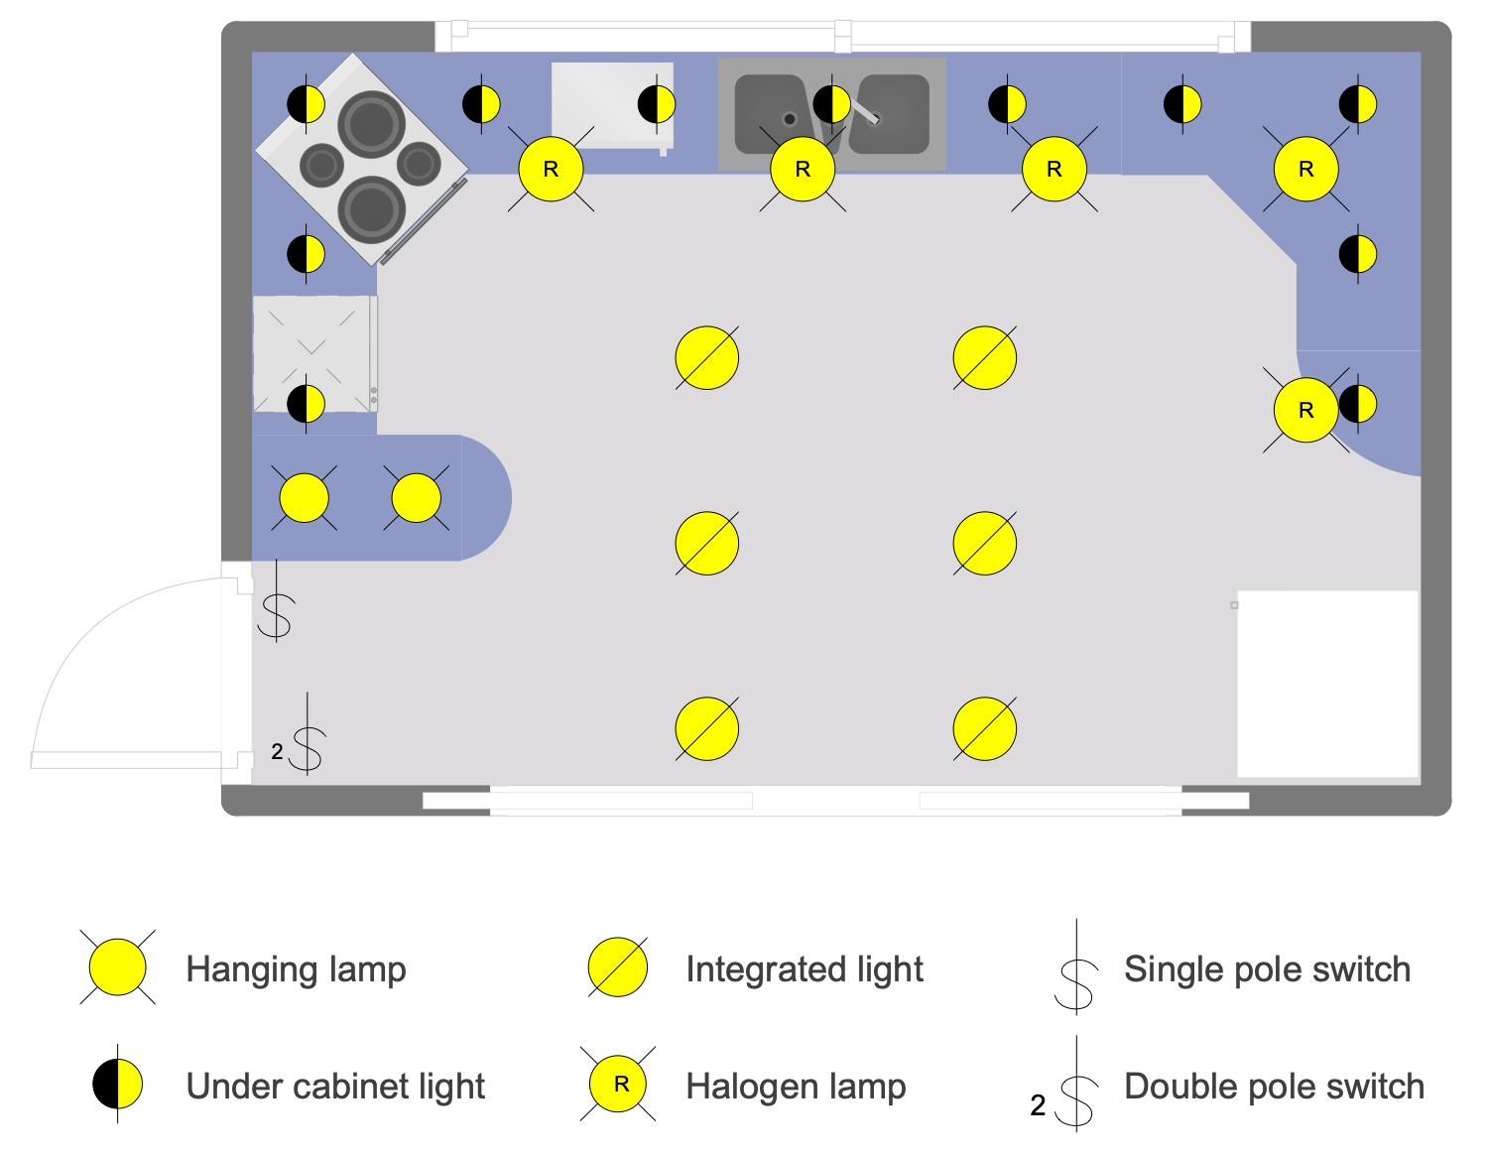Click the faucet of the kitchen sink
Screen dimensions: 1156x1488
point(867,113)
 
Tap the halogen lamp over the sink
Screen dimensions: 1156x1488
point(803,170)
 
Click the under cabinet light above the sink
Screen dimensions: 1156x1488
point(831,103)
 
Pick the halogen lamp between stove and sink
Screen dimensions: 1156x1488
point(551,170)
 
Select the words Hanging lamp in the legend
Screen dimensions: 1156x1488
point(296,969)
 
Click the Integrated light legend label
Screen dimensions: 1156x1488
point(804,969)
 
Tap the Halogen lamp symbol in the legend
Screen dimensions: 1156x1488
point(618,1085)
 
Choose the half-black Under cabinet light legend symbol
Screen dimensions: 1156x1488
point(118,1085)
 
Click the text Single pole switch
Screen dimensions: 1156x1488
point(1267,969)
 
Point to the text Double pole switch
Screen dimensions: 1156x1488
point(1274,1087)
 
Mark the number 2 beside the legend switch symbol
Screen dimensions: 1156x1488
point(1038,1105)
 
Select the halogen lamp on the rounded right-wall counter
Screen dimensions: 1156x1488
point(1305,410)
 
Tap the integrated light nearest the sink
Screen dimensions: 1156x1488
point(706,358)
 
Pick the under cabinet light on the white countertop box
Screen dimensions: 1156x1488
point(656,103)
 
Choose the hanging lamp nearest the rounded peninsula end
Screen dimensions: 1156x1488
point(417,498)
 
